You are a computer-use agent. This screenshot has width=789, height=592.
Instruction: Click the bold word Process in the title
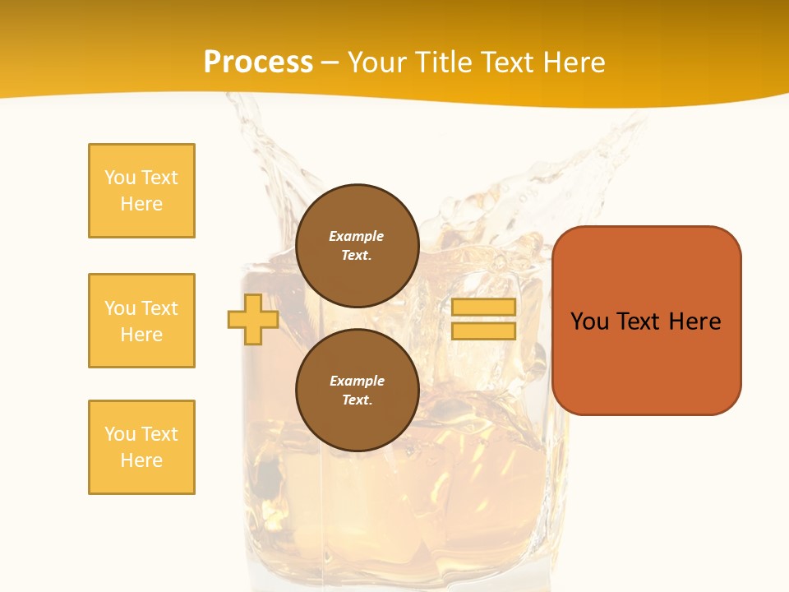[258, 62]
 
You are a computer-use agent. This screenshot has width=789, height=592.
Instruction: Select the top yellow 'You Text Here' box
[141, 191]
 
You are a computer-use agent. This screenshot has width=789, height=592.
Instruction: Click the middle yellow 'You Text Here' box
[141, 321]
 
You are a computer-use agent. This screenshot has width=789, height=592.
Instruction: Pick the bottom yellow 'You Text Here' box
[141, 447]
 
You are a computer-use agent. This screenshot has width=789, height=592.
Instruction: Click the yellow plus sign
[253, 319]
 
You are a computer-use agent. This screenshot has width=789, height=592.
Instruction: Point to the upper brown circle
[357, 246]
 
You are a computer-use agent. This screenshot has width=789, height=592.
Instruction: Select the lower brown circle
[357, 391]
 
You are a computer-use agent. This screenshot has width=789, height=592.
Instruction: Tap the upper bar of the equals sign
[483, 308]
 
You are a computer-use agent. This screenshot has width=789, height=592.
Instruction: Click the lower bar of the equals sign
[483, 331]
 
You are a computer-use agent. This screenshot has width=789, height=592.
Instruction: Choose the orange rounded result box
[646, 321]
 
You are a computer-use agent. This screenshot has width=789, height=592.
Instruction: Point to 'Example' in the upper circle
[357, 237]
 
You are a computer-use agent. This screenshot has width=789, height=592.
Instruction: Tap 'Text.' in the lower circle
[357, 400]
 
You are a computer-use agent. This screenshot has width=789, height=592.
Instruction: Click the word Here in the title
[571, 62]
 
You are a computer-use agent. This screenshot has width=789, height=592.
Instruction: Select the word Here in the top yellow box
[141, 204]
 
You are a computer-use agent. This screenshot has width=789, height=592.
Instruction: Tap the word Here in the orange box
[694, 321]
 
